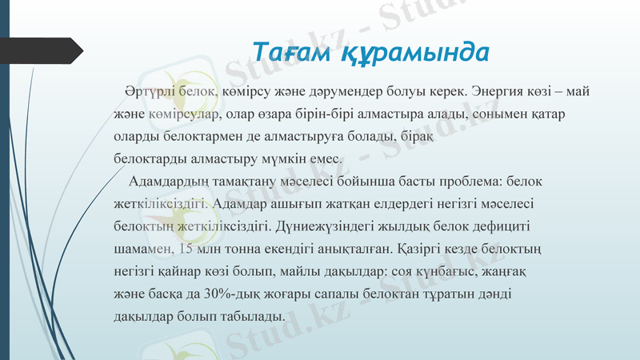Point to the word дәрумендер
tap(353, 92)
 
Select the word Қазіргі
tap(440, 249)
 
